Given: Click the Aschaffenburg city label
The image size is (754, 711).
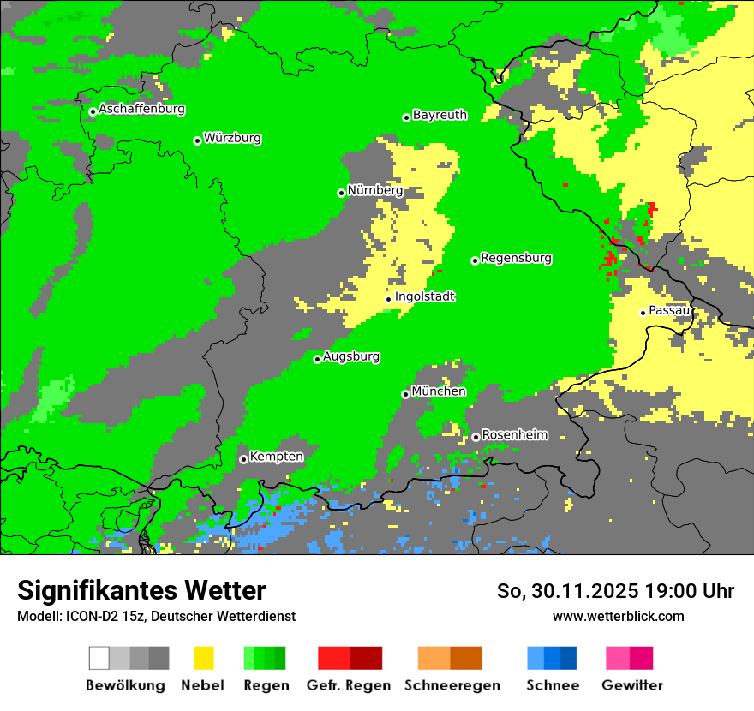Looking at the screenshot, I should pos(141,109).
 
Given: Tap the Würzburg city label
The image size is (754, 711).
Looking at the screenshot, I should pos(232,138).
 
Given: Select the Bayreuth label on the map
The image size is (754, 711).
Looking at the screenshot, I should pos(440,115).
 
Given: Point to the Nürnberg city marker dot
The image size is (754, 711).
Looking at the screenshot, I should pos(341,193).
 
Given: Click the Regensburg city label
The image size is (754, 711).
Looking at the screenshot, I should pos(516,258).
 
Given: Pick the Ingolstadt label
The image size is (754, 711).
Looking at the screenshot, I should pos(424,296).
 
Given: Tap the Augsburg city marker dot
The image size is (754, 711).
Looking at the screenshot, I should pos(317,359).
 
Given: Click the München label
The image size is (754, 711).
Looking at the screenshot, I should pos(439,391).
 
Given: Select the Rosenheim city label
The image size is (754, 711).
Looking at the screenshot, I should pos(514,435).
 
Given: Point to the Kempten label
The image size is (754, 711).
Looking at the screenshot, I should pos(276,457).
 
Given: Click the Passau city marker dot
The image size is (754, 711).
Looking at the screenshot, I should pos(643,313).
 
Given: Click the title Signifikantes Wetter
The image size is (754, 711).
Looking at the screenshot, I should pos(141,590).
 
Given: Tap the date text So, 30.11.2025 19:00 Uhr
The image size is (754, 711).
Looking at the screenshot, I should pos(615,591).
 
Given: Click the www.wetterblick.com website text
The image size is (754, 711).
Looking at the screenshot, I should pos(618,616).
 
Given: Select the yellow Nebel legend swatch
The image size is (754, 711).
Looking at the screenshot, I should pos(203,658).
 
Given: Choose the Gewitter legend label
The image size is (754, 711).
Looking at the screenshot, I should pos(632,685).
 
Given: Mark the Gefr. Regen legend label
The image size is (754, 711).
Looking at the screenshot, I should pos(348,685).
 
